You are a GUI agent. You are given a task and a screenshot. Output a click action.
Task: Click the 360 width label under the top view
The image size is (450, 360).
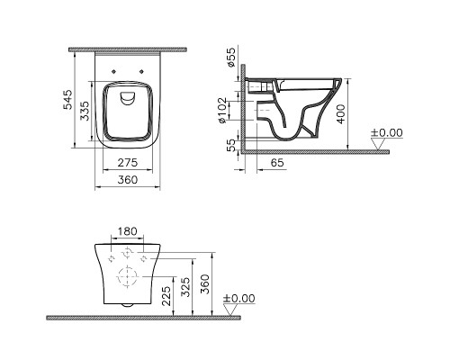pos(127,181)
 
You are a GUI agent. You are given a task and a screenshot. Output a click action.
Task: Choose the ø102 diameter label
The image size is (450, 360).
pos(230,107)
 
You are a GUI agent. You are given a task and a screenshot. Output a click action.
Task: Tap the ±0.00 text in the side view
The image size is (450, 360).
pos(388,133)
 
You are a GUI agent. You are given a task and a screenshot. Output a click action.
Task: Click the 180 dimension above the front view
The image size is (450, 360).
pos(128,231)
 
